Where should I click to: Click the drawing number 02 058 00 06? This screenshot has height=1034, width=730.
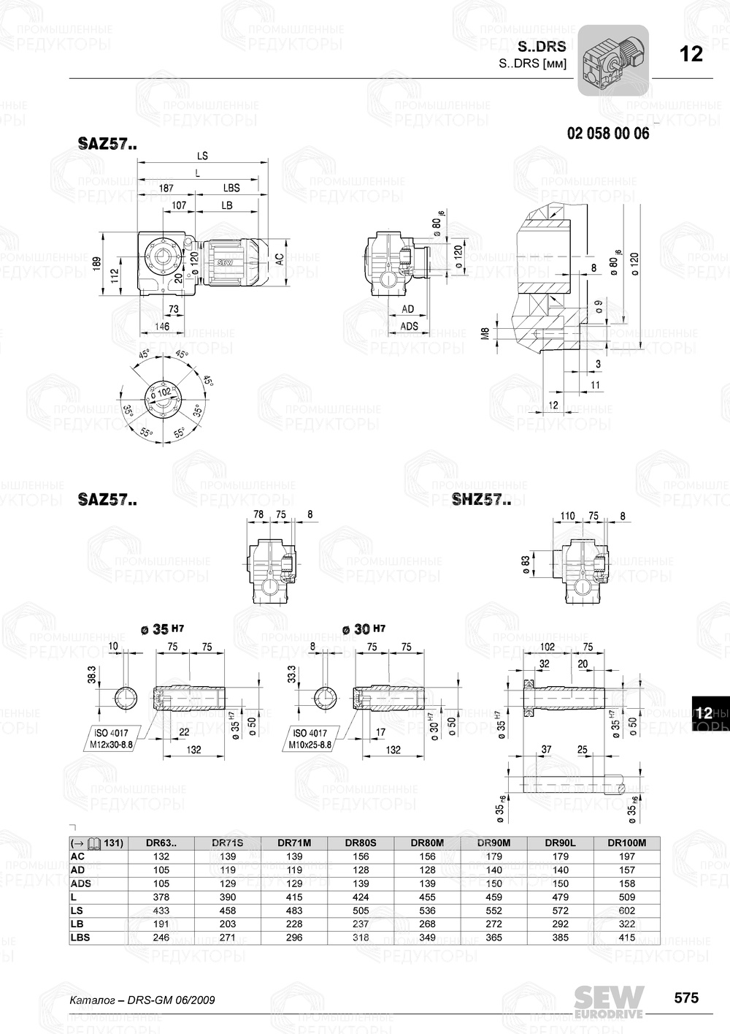(607, 134)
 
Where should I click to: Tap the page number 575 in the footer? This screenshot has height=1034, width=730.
(685, 997)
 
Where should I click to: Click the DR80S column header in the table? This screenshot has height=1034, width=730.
(361, 843)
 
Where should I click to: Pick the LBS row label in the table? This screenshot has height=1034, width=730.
(80, 938)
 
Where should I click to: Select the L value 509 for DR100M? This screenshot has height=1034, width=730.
(626, 897)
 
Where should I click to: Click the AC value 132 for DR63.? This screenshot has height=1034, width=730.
(161, 856)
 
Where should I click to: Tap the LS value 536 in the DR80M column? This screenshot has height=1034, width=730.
(427, 911)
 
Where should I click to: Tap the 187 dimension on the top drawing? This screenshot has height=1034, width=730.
(166, 189)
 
